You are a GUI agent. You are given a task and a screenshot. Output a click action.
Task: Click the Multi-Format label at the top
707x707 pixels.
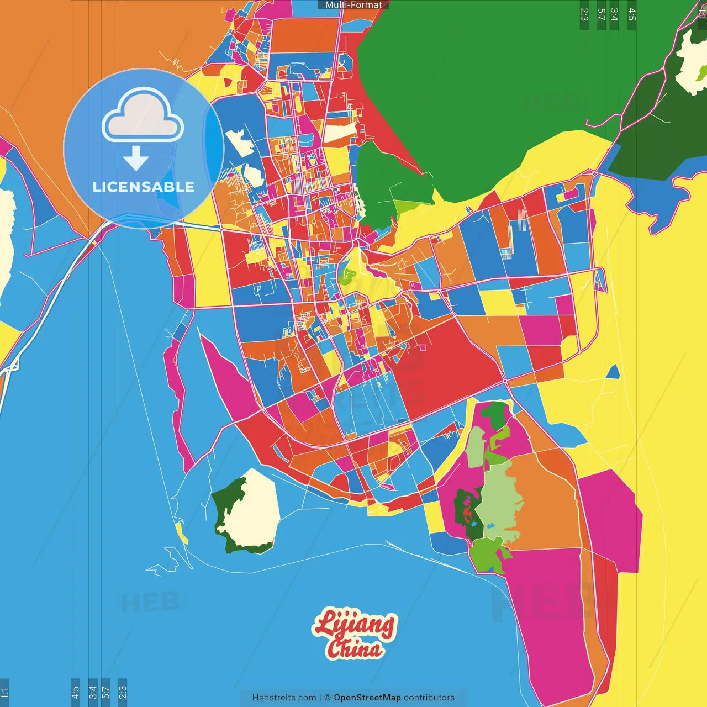353,5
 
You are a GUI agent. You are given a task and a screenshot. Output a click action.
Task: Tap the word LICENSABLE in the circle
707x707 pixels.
144,187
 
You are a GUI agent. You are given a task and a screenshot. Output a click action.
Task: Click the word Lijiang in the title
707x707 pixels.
355,624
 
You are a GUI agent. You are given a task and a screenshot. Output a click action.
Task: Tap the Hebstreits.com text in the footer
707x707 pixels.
284,698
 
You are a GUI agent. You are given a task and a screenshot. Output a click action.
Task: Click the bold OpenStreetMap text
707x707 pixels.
367,698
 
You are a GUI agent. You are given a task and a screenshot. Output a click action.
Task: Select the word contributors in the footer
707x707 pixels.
429,698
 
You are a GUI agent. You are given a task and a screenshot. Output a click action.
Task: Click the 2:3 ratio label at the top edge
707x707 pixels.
584,14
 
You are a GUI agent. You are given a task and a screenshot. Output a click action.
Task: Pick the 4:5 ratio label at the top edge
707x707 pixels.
632,14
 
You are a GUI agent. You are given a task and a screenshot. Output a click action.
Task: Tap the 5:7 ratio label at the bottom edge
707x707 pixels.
105,692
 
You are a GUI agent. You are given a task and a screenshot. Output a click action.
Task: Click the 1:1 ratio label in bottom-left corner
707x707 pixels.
4,692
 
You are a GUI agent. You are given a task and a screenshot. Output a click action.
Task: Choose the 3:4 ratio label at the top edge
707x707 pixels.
614,14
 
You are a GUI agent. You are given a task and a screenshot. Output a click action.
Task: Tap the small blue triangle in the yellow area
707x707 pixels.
614,373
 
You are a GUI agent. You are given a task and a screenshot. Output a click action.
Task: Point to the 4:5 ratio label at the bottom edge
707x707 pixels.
75,692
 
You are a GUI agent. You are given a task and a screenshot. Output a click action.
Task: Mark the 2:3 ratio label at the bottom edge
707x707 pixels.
123,692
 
